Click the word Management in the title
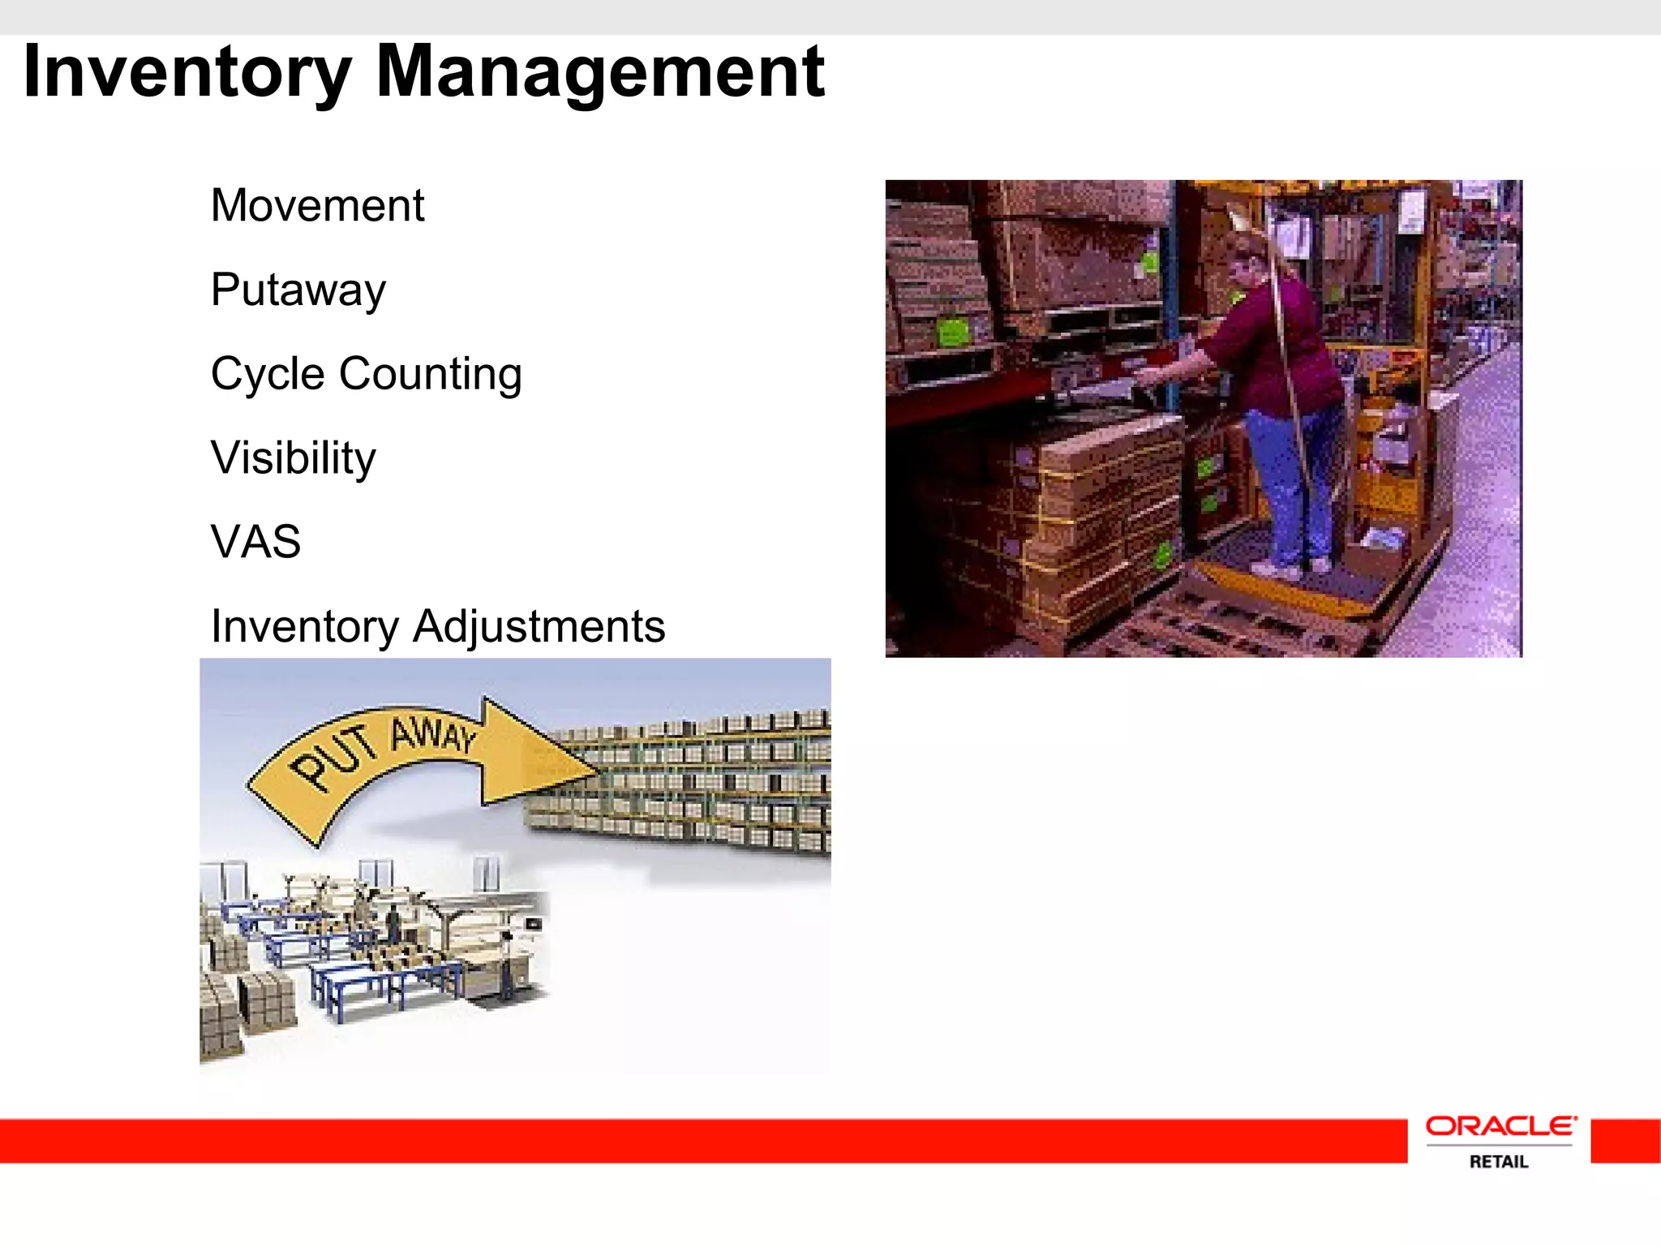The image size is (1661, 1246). point(600,73)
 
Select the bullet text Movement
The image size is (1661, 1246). point(317,205)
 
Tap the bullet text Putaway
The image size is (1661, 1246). point(298,290)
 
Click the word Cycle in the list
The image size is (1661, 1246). point(268,374)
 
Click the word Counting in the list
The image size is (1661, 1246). point(430,374)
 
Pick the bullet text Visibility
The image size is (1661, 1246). point(293,458)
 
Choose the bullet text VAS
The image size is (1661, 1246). point(255,542)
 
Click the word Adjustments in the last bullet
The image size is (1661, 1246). point(539,626)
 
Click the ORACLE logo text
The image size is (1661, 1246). point(1500,1127)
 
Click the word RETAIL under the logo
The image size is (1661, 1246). point(1499,1162)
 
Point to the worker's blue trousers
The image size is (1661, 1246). point(1290,487)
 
